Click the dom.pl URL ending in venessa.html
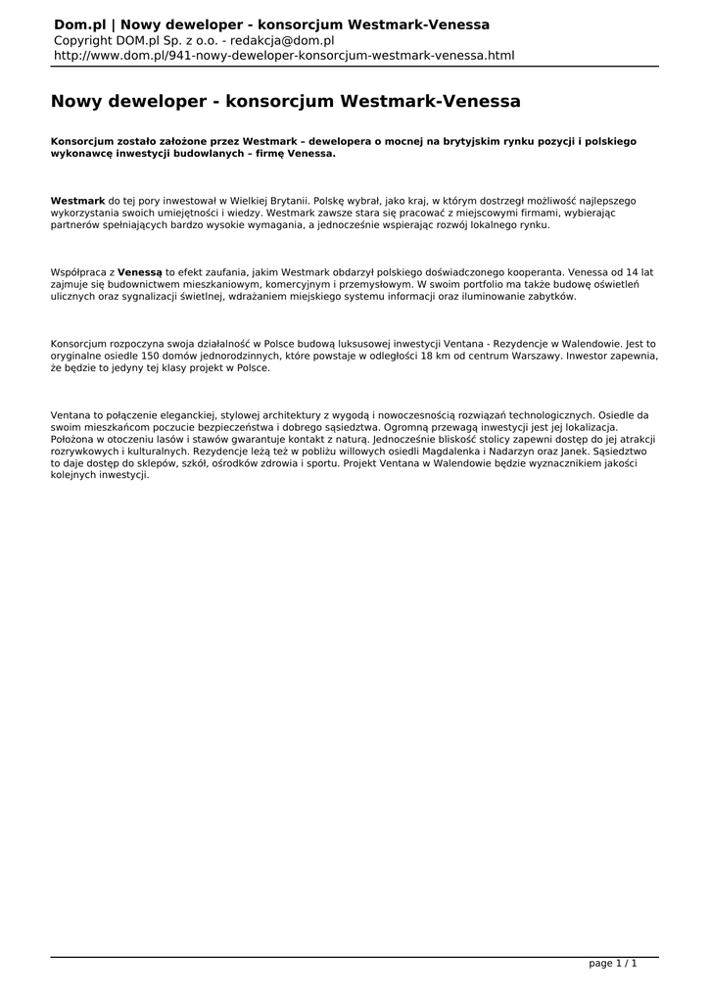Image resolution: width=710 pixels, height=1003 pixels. (x=284, y=56)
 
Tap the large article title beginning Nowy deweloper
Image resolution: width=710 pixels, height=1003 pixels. (x=285, y=101)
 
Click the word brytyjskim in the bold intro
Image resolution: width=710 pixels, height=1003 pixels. (x=460, y=141)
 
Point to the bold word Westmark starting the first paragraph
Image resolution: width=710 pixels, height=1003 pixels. (x=77, y=199)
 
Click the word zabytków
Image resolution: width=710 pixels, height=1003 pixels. (x=551, y=295)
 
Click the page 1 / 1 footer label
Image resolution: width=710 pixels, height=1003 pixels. (x=613, y=964)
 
